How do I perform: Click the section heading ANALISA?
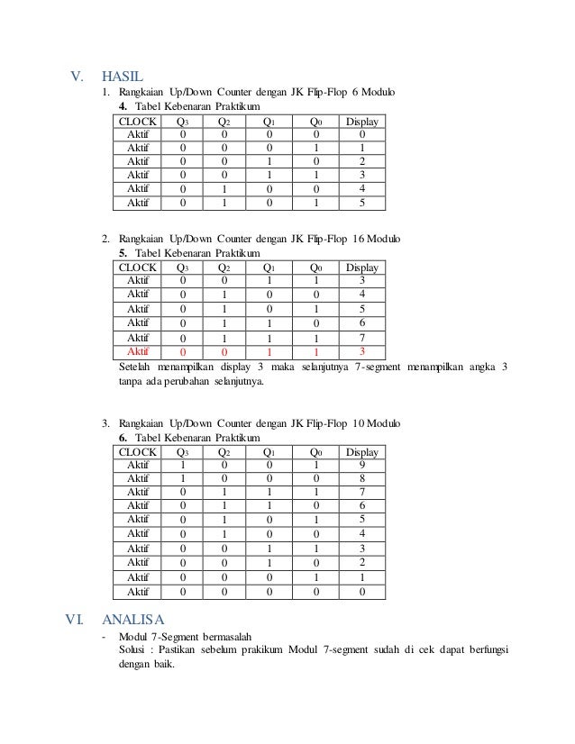pos(133,620)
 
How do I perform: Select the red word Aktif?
pos(138,351)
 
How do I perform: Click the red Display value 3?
pos(361,351)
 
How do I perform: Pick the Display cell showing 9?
pos(361,465)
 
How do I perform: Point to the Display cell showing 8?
pos(361,478)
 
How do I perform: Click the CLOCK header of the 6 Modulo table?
pos(138,121)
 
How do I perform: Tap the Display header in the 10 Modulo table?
pos(362,451)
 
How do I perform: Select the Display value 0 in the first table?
pos(361,134)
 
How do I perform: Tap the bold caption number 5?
pos(123,253)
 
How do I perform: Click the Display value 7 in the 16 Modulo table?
pos(361,337)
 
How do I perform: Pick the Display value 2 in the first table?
pos(361,161)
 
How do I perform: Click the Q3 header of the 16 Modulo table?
pos(183,268)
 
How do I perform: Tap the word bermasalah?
pos(215,636)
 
